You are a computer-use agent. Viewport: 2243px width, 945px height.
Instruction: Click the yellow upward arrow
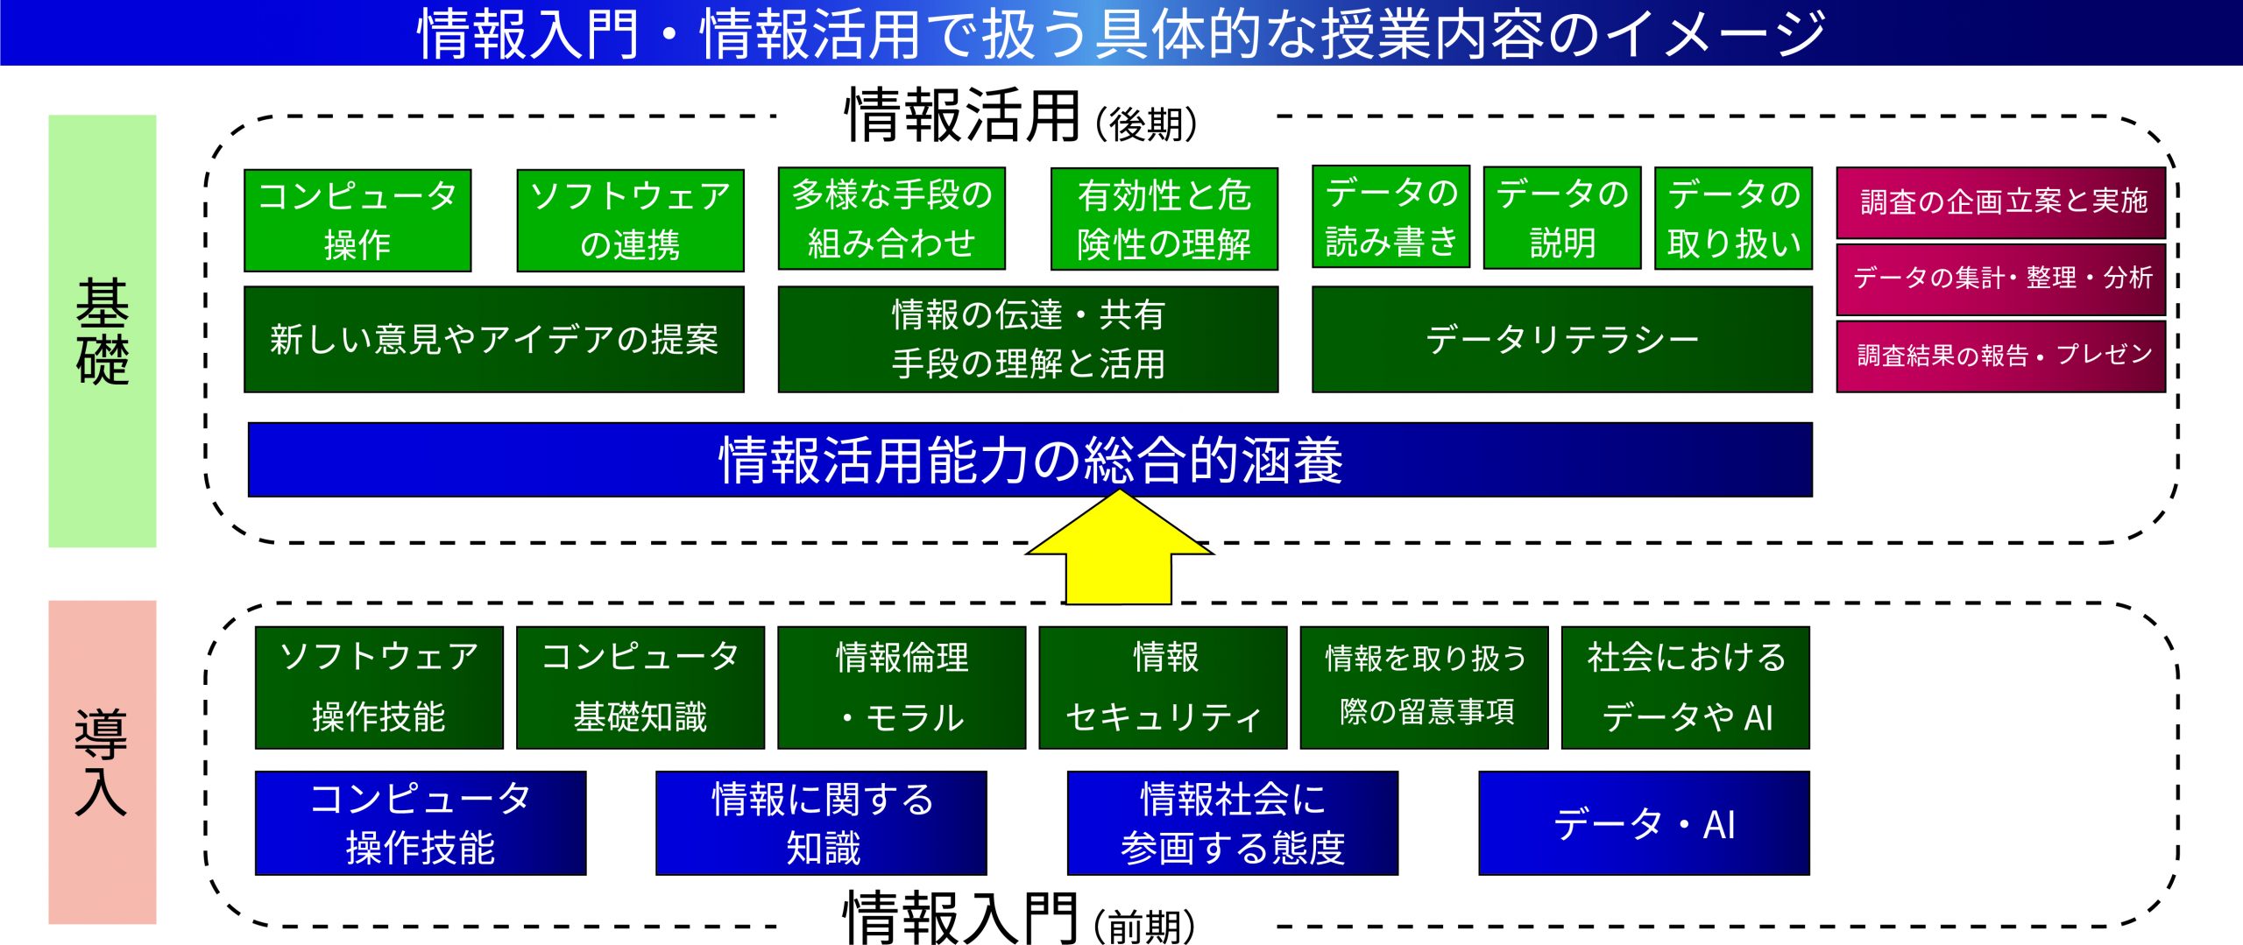tap(1119, 552)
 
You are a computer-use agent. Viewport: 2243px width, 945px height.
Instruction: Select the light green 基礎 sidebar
tap(103, 331)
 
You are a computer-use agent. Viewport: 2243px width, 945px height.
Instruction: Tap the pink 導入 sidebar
tap(103, 762)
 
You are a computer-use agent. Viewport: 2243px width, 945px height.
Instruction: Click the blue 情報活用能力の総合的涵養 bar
tap(1030, 460)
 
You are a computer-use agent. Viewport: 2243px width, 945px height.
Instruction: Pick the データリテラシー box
tap(1561, 339)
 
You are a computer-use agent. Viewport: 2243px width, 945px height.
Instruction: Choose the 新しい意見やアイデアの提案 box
tap(494, 339)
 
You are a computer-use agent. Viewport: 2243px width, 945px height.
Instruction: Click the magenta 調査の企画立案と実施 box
tap(2001, 202)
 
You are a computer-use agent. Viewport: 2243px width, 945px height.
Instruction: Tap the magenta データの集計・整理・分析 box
tap(2001, 279)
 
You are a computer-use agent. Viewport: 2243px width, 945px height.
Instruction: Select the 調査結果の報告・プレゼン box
tap(2001, 356)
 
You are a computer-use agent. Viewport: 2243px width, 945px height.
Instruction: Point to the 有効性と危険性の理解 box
tap(1164, 219)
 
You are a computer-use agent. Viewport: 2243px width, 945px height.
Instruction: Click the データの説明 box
tap(1562, 217)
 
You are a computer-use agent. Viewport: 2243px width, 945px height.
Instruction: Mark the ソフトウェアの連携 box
tap(631, 220)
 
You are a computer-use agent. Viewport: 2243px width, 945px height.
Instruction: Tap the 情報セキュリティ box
tap(1164, 688)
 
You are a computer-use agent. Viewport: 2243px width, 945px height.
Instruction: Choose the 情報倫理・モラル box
tap(902, 688)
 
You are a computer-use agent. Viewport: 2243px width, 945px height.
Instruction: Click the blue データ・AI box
tap(1645, 823)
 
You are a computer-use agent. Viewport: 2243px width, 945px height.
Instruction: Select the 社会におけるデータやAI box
tap(1686, 688)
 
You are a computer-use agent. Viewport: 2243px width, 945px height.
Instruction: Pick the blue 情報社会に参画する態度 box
tap(1233, 823)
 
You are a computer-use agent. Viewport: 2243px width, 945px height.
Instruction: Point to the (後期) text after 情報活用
tap(1146, 124)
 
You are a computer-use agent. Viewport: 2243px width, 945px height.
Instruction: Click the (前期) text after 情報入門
tap(1144, 926)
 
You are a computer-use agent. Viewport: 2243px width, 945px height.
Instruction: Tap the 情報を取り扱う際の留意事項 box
tap(1425, 688)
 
